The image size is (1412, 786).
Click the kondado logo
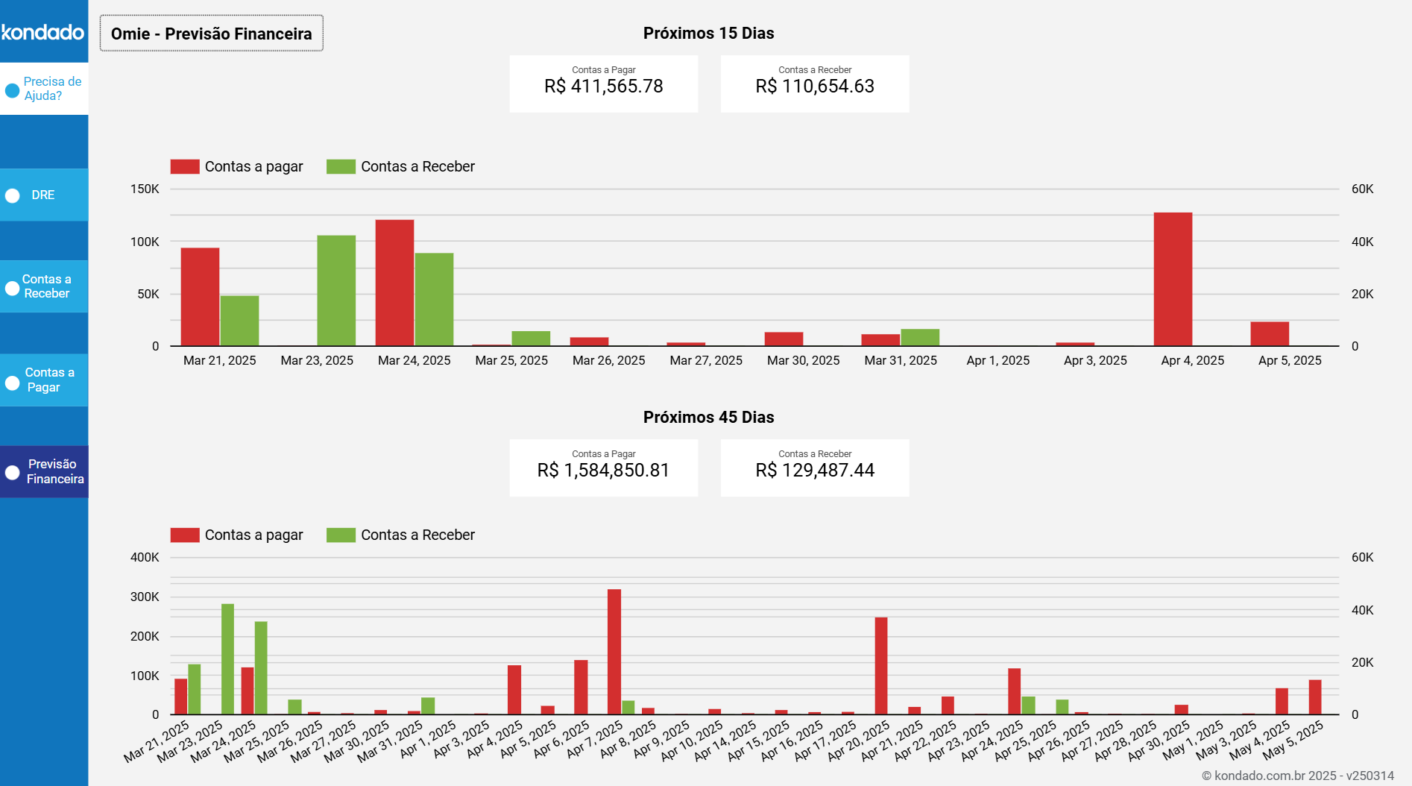pyautogui.click(x=43, y=32)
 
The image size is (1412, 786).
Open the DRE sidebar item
pyautogui.click(x=43, y=195)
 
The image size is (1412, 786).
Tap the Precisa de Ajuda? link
pyautogui.click(x=51, y=89)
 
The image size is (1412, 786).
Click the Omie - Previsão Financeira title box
pyautogui.click(x=212, y=34)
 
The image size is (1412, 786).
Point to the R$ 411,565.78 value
pyautogui.click(x=603, y=87)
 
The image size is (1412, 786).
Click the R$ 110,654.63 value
pyautogui.click(x=814, y=87)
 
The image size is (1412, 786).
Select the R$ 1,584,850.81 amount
pyautogui.click(x=603, y=471)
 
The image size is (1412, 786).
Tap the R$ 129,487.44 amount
pyautogui.click(x=814, y=471)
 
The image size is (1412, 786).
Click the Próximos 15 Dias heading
pyautogui.click(x=708, y=34)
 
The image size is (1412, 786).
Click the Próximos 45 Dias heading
pyautogui.click(x=708, y=418)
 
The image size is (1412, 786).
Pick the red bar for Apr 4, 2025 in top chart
pyautogui.click(x=1173, y=280)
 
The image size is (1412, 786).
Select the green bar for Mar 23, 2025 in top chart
pyautogui.click(x=336, y=291)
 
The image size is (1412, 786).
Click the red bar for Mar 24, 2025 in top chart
pyautogui.click(x=394, y=283)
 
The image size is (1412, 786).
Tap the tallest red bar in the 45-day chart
pyautogui.click(x=614, y=653)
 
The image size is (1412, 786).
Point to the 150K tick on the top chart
pyautogui.click(x=145, y=189)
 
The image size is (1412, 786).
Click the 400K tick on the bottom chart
pyautogui.click(x=145, y=558)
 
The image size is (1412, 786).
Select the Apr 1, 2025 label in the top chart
pyautogui.click(x=997, y=361)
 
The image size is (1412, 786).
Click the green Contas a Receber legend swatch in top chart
pyautogui.click(x=341, y=166)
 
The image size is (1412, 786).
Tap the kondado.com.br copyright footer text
pyautogui.click(x=1297, y=776)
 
